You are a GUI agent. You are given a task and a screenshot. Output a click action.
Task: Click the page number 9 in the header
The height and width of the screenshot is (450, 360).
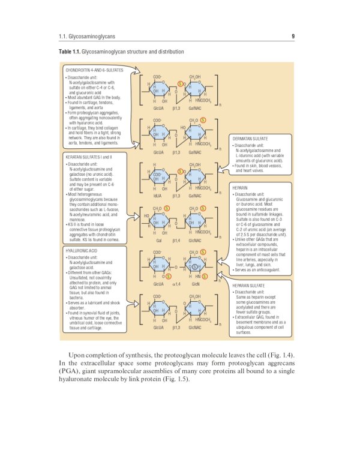293,36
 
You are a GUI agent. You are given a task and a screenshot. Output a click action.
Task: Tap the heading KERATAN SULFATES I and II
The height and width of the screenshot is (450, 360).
89,157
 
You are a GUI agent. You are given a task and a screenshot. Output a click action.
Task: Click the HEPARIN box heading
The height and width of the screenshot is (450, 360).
241,188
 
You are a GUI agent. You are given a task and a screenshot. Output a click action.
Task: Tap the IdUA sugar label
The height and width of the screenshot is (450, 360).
158,196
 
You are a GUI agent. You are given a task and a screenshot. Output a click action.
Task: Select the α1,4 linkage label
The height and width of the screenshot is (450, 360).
176,284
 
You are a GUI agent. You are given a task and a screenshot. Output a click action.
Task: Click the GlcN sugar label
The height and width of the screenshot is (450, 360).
195,284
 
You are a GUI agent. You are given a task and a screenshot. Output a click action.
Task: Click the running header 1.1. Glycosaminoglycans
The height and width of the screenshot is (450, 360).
83,37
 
